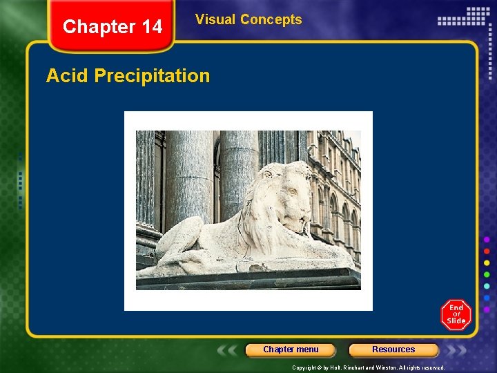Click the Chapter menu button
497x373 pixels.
pos(291,350)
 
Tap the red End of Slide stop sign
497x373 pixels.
pos(456,315)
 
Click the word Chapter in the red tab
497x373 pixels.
pos(97,27)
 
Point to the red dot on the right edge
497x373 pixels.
pos(487,251)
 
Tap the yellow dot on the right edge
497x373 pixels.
pos(487,262)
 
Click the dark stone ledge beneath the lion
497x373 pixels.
pos(248,279)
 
